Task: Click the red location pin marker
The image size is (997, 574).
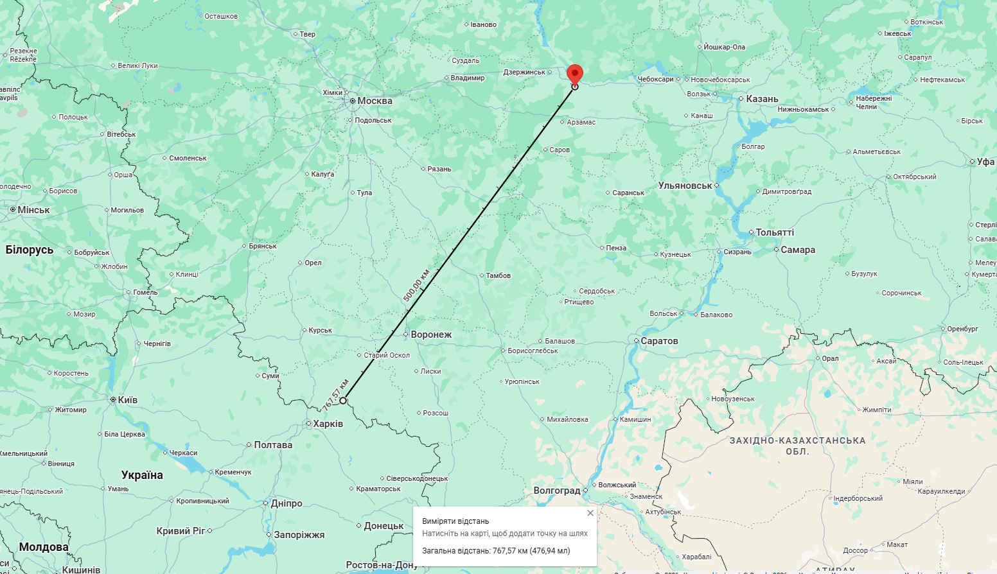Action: click(x=575, y=73)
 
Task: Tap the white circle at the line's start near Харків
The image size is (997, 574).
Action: click(x=343, y=401)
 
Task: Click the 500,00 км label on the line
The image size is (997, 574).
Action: click(x=416, y=281)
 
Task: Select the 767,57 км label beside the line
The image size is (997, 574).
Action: click(x=336, y=394)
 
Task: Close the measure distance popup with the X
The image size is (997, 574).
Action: click(x=590, y=513)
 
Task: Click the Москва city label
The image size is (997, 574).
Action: click(x=375, y=101)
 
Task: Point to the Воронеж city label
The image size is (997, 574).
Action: click(x=431, y=335)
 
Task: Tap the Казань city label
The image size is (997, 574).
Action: click(x=762, y=99)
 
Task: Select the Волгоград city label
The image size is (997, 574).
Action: click(x=557, y=491)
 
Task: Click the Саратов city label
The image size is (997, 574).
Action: click(x=659, y=341)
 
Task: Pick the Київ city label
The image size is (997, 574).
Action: click(x=127, y=400)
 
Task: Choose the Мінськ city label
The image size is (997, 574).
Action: click(x=33, y=210)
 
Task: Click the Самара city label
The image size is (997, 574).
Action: click(x=798, y=250)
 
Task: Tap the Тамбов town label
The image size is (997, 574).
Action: click(x=498, y=275)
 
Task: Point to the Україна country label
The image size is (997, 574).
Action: click(x=142, y=475)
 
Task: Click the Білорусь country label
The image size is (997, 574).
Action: click(x=30, y=250)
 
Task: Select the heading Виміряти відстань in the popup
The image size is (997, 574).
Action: click(x=455, y=521)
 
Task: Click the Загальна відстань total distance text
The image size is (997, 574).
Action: click(x=496, y=551)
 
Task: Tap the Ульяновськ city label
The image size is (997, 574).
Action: click(x=685, y=186)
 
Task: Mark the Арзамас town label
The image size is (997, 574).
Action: click(x=581, y=122)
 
